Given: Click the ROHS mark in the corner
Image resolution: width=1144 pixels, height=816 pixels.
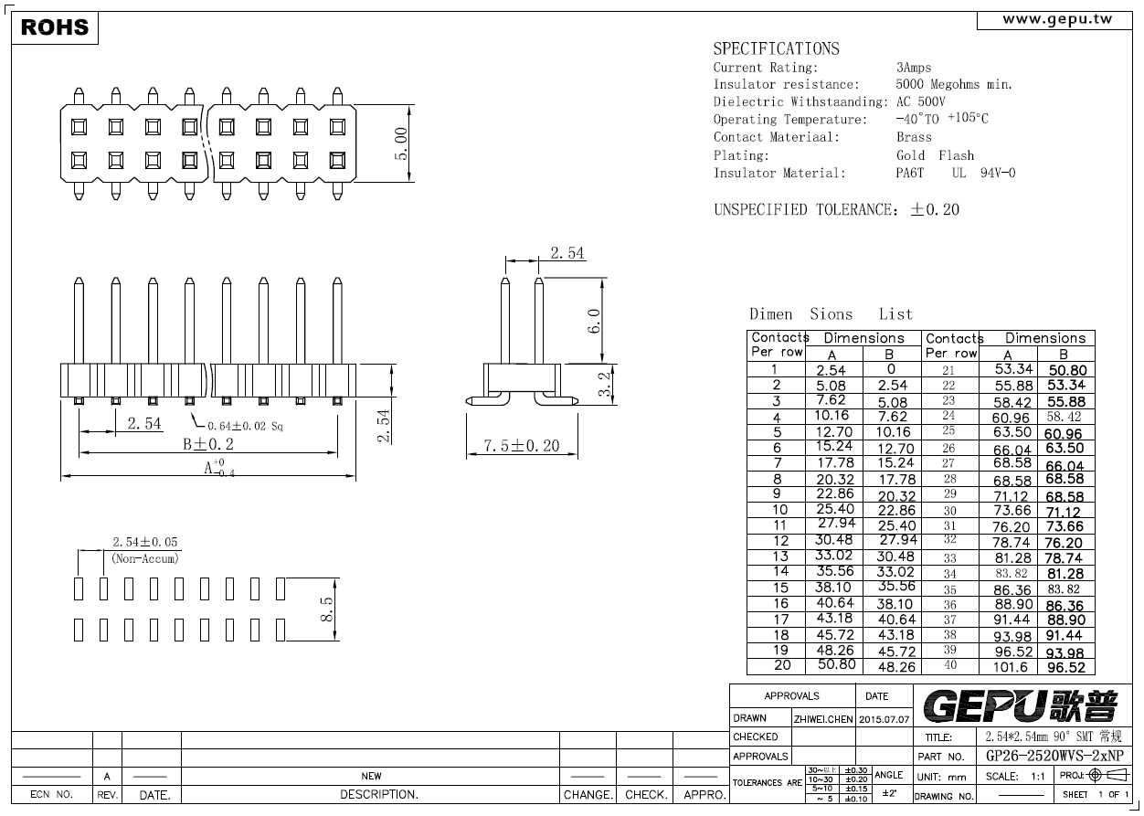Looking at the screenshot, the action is click(55, 27).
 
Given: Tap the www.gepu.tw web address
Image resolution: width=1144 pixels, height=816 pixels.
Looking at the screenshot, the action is click(1057, 19).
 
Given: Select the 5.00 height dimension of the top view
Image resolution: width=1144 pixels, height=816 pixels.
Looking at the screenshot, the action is click(401, 143).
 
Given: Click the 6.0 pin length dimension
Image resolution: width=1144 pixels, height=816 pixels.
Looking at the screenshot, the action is click(594, 321).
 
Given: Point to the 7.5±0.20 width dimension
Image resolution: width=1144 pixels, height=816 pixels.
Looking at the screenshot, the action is click(522, 446).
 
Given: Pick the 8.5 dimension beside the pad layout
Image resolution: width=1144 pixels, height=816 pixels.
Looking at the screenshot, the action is click(326, 609).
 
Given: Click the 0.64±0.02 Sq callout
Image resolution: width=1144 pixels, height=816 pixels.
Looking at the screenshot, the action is click(245, 426).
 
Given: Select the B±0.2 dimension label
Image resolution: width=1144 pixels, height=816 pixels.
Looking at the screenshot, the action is click(208, 444).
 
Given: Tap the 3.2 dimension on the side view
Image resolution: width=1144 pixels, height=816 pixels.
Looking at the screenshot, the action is click(604, 384).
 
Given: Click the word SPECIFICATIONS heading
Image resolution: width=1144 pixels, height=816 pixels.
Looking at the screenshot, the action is click(777, 49).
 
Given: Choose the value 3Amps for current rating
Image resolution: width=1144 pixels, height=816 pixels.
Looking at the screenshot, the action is click(914, 68).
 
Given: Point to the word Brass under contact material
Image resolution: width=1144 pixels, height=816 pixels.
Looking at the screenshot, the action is click(914, 137).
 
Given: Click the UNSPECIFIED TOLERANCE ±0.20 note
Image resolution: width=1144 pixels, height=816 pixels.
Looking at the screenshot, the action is click(837, 209).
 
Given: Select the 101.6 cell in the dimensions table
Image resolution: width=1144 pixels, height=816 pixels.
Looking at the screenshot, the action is click(1011, 667).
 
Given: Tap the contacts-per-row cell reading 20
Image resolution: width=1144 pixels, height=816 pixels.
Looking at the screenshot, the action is click(782, 665).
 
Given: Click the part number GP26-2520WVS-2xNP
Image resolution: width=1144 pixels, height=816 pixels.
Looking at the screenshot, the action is click(1054, 756).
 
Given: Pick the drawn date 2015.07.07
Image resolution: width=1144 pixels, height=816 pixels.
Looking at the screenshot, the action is click(884, 719).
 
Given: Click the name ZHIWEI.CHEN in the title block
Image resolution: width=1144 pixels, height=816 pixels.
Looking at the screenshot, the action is click(823, 719).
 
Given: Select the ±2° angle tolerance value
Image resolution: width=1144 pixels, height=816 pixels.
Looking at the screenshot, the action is click(889, 793).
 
